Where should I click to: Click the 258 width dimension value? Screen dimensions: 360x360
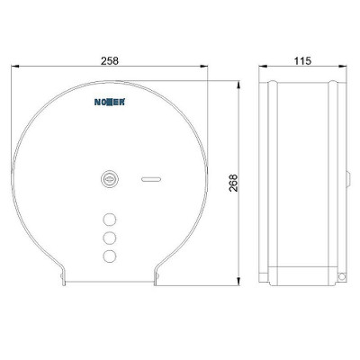[110, 61]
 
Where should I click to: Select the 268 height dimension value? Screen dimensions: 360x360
[233, 183]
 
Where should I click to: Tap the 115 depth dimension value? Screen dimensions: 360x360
[302, 61]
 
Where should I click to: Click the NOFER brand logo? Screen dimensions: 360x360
[110, 102]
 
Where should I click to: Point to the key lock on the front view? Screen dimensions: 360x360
[110, 180]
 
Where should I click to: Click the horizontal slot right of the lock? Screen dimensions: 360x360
[151, 179]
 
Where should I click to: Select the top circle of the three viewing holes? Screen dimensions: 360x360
[110, 220]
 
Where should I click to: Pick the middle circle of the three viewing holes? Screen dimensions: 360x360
[110, 238]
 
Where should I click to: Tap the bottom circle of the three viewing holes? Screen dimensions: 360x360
[110, 256]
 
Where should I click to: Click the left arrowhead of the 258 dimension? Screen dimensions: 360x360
[15, 66]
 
